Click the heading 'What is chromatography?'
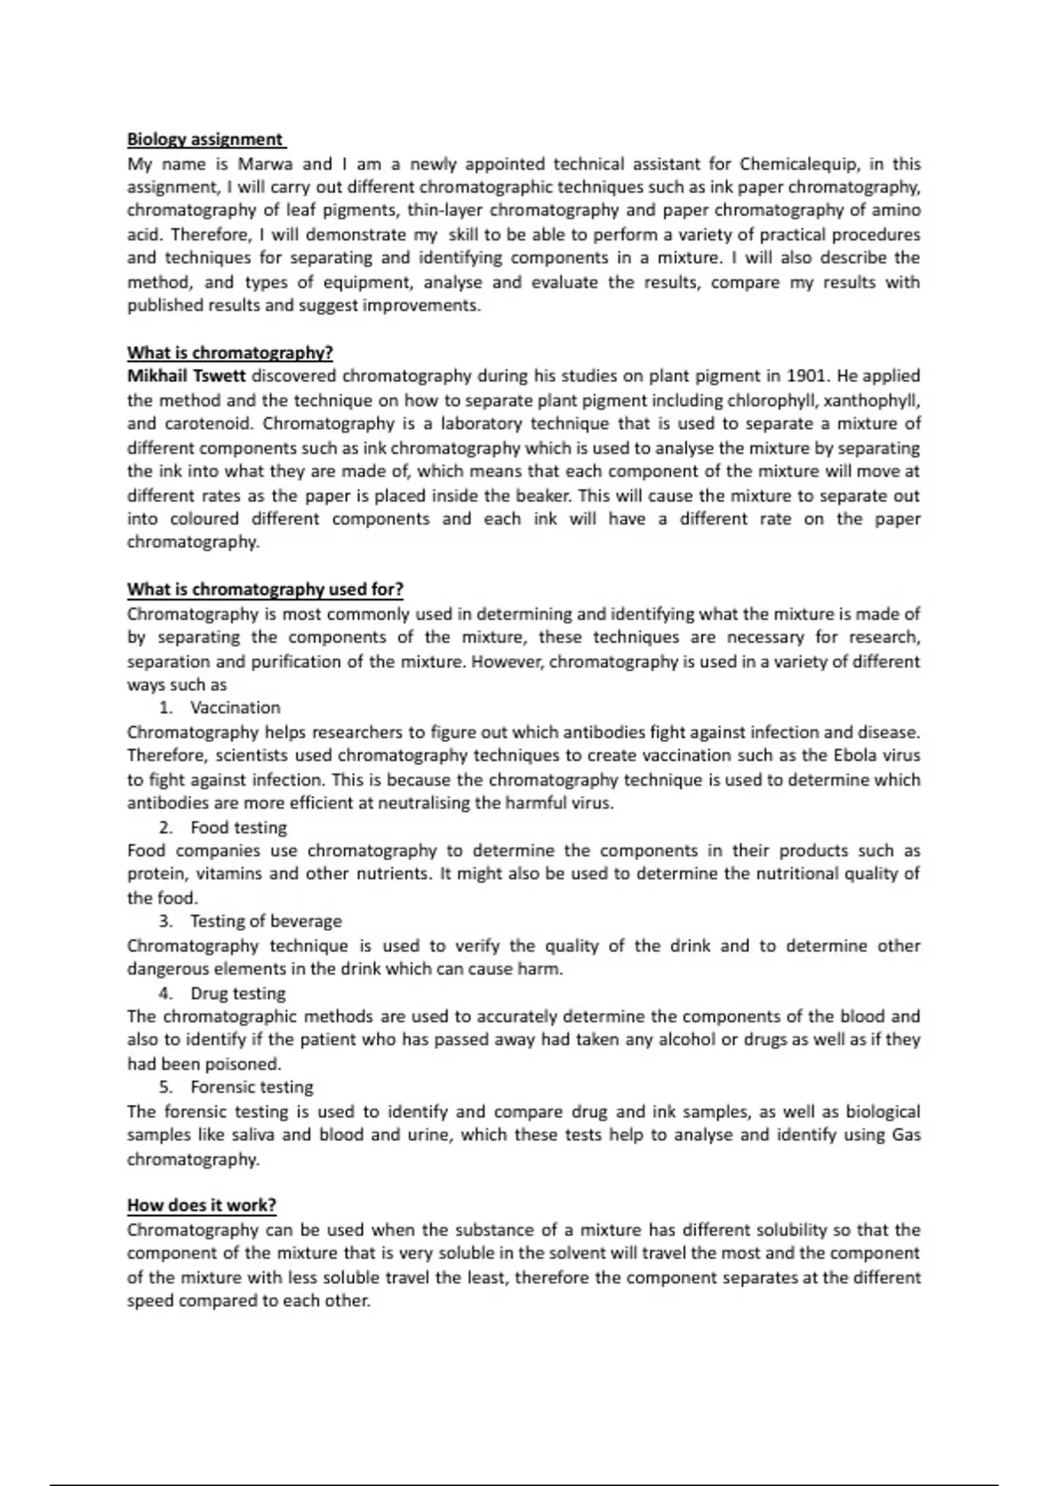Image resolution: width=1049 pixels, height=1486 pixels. tap(230, 353)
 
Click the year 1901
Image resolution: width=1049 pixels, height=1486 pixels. tap(807, 377)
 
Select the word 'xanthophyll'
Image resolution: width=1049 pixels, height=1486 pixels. tap(874, 400)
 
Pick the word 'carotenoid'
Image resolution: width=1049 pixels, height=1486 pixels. tap(207, 424)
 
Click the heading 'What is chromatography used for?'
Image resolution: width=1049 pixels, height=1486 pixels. tap(265, 589)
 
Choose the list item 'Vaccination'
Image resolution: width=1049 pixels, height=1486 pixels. tap(235, 708)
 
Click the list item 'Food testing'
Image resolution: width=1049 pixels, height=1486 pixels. tap(238, 828)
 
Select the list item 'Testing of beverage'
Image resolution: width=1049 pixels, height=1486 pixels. tap(266, 921)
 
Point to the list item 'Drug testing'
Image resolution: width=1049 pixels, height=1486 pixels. tap(238, 994)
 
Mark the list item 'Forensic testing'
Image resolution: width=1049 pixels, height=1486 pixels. tap(252, 1087)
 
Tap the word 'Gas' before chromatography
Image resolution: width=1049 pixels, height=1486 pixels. tap(906, 1135)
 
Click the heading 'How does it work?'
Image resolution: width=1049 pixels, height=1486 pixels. tap(201, 1205)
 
